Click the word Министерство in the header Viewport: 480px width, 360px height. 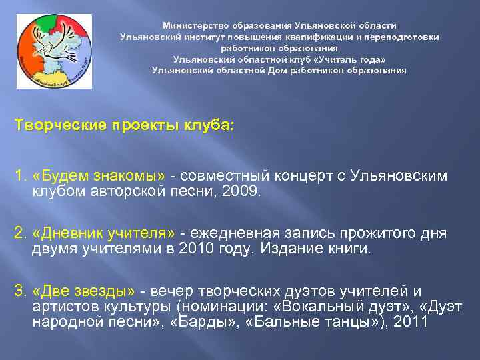click(194, 24)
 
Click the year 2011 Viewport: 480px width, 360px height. click(412, 322)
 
